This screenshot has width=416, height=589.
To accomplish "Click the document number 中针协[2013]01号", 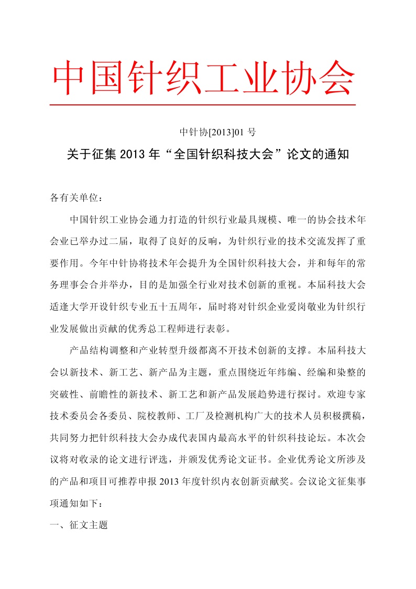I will coord(217,131).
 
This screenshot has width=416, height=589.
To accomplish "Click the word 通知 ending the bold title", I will coord(338,156).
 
